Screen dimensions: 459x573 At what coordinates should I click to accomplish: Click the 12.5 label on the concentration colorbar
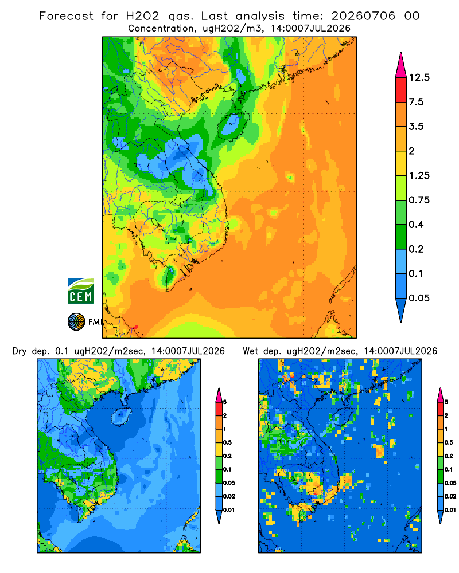419,77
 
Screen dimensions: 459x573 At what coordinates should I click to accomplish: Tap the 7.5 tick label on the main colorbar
416,102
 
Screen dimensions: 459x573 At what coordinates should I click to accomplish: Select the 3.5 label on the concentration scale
416,127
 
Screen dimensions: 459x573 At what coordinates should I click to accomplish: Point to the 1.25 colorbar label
419,175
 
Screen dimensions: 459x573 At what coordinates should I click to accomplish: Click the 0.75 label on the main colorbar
419,200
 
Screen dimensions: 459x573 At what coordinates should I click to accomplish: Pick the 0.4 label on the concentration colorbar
416,225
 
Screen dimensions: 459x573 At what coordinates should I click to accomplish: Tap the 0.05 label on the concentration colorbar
419,298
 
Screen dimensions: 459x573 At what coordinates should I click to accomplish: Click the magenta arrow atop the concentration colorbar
401,66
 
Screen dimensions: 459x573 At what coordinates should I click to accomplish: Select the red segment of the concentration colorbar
401,90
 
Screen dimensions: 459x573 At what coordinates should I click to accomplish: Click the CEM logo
80,291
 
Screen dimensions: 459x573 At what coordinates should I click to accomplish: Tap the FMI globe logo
76,321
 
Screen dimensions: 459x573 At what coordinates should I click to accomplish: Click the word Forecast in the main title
66,16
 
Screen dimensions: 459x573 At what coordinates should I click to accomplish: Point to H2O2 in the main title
143,16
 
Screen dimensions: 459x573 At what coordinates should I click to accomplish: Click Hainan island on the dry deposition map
121,417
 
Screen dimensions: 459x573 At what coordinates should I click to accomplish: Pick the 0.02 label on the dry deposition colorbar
229,496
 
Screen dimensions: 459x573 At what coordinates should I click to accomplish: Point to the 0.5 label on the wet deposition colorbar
449,442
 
